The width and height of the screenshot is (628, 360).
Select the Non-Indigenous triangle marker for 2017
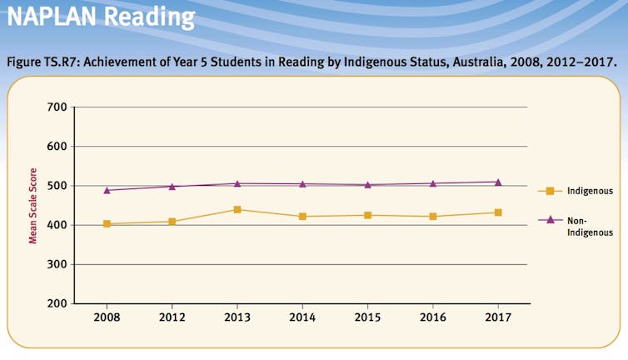[x=498, y=182]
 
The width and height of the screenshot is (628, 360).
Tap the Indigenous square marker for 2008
[x=107, y=224]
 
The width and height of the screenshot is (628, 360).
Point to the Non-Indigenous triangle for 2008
[x=107, y=190]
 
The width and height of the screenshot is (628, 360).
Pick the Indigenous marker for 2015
[x=367, y=216]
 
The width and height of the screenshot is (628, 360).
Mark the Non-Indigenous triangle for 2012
[x=172, y=186]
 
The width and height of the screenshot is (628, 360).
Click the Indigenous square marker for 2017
[x=498, y=212]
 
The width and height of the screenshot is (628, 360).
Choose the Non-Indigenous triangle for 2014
[x=302, y=184]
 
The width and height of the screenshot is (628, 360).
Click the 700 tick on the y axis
[x=57, y=107]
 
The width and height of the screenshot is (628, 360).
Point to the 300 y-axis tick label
[x=57, y=264]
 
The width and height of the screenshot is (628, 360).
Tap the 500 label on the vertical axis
[x=57, y=186]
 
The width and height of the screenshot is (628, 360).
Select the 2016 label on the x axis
[x=432, y=318]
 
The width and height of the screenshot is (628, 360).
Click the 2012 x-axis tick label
[x=172, y=318]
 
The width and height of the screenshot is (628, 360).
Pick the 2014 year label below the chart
[x=302, y=318]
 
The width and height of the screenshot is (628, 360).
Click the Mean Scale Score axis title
[x=33, y=205]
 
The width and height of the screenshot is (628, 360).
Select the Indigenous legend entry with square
[x=576, y=191]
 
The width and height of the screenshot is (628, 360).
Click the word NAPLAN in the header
[x=53, y=16]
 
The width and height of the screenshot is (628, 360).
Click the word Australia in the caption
[x=467, y=61]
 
